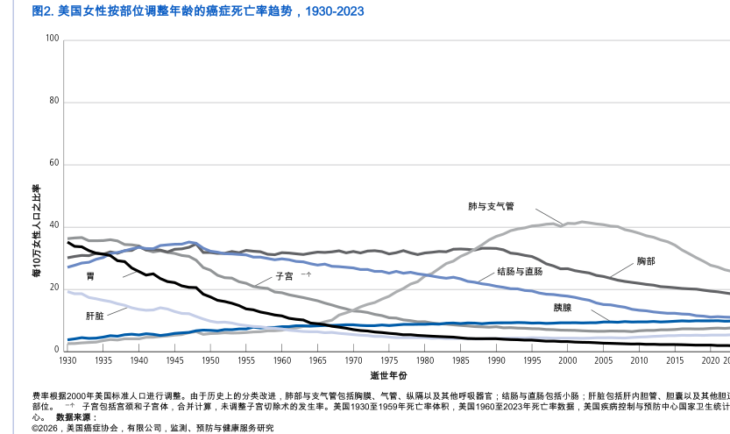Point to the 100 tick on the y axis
[x=52, y=39]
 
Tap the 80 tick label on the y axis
[x=54, y=101]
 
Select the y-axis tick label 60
[x=54, y=163]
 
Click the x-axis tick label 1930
[x=68, y=360]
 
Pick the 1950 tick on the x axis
[x=211, y=360]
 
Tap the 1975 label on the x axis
[x=389, y=360]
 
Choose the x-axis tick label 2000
[x=568, y=360]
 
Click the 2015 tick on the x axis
[x=675, y=360]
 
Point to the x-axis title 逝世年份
[x=388, y=375]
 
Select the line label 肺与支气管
[x=491, y=207]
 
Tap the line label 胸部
[x=646, y=261]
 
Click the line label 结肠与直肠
[x=520, y=272]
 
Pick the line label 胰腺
[x=563, y=308]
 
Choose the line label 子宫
[x=285, y=275]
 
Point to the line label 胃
[x=90, y=276]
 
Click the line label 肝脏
[x=95, y=315]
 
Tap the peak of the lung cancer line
[x=582, y=222]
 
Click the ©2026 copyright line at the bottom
[x=152, y=428]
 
